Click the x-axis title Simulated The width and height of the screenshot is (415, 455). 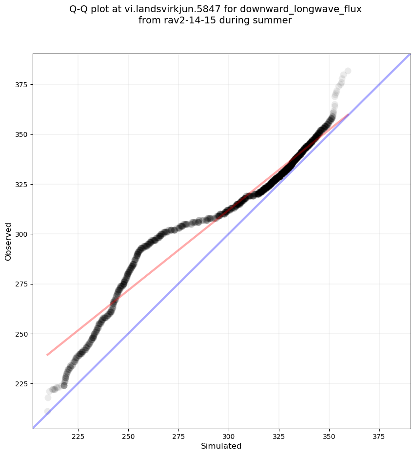221,446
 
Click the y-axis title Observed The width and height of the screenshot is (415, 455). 8,241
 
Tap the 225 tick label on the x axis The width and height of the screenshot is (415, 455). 78,436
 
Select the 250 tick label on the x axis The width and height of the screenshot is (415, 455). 128,436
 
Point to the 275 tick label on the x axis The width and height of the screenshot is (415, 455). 178,436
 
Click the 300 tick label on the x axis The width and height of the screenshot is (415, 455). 229,436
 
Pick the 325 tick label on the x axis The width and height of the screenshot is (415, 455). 279,436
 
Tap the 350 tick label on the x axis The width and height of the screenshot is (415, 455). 329,436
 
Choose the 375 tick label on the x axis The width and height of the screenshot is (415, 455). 379,436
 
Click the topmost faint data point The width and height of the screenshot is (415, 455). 348,71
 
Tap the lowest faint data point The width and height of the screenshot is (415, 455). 47,412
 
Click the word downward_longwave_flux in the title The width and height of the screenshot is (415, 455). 301,9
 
